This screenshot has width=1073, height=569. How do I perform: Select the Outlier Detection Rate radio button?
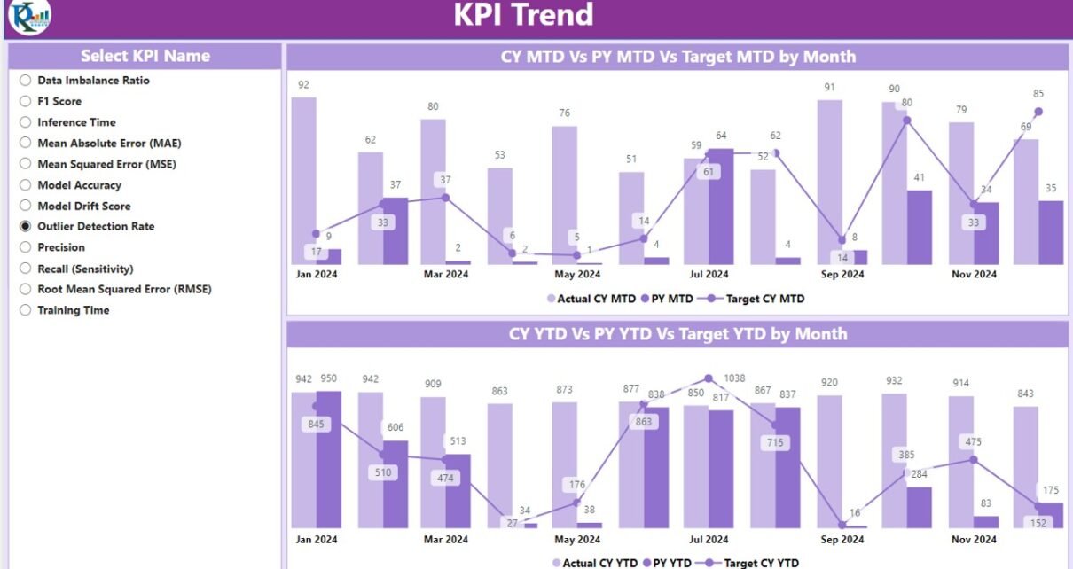click(x=26, y=226)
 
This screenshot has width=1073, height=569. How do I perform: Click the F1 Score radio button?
click(x=26, y=101)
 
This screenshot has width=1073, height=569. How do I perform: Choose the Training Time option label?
click(x=73, y=310)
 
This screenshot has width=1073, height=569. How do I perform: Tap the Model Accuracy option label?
click(x=79, y=185)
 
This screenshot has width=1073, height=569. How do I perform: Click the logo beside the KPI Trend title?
click(x=30, y=17)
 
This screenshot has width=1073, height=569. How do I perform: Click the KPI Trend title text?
click(x=523, y=15)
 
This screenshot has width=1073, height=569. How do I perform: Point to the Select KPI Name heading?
click(x=145, y=56)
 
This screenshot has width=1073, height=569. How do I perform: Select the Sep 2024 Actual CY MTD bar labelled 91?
click(x=830, y=182)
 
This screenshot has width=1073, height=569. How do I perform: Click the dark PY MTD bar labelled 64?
click(x=721, y=206)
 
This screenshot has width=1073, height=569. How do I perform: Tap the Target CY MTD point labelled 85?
click(x=1038, y=112)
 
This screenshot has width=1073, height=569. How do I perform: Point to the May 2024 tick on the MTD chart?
click(x=577, y=275)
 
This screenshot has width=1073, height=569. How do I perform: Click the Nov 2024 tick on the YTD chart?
click(x=973, y=539)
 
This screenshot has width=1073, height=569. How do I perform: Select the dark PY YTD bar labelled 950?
click(x=329, y=459)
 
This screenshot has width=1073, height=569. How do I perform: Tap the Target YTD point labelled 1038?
click(x=708, y=378)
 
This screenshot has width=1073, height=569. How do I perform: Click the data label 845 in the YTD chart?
click(x=316, y=424)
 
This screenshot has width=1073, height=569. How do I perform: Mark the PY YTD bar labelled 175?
click(x=1051, y=515)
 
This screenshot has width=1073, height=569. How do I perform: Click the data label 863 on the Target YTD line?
click(x=644, y=422)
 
